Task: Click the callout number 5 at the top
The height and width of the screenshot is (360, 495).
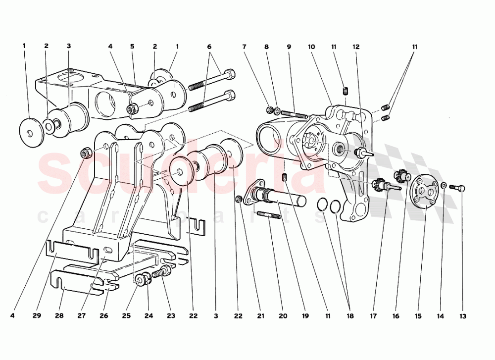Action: coord(132,46)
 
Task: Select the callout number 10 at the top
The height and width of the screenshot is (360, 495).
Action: coord(311,47)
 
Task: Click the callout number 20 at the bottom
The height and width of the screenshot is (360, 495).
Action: coord(283,316)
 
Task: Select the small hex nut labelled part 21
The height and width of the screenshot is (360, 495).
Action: coord(240,200)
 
